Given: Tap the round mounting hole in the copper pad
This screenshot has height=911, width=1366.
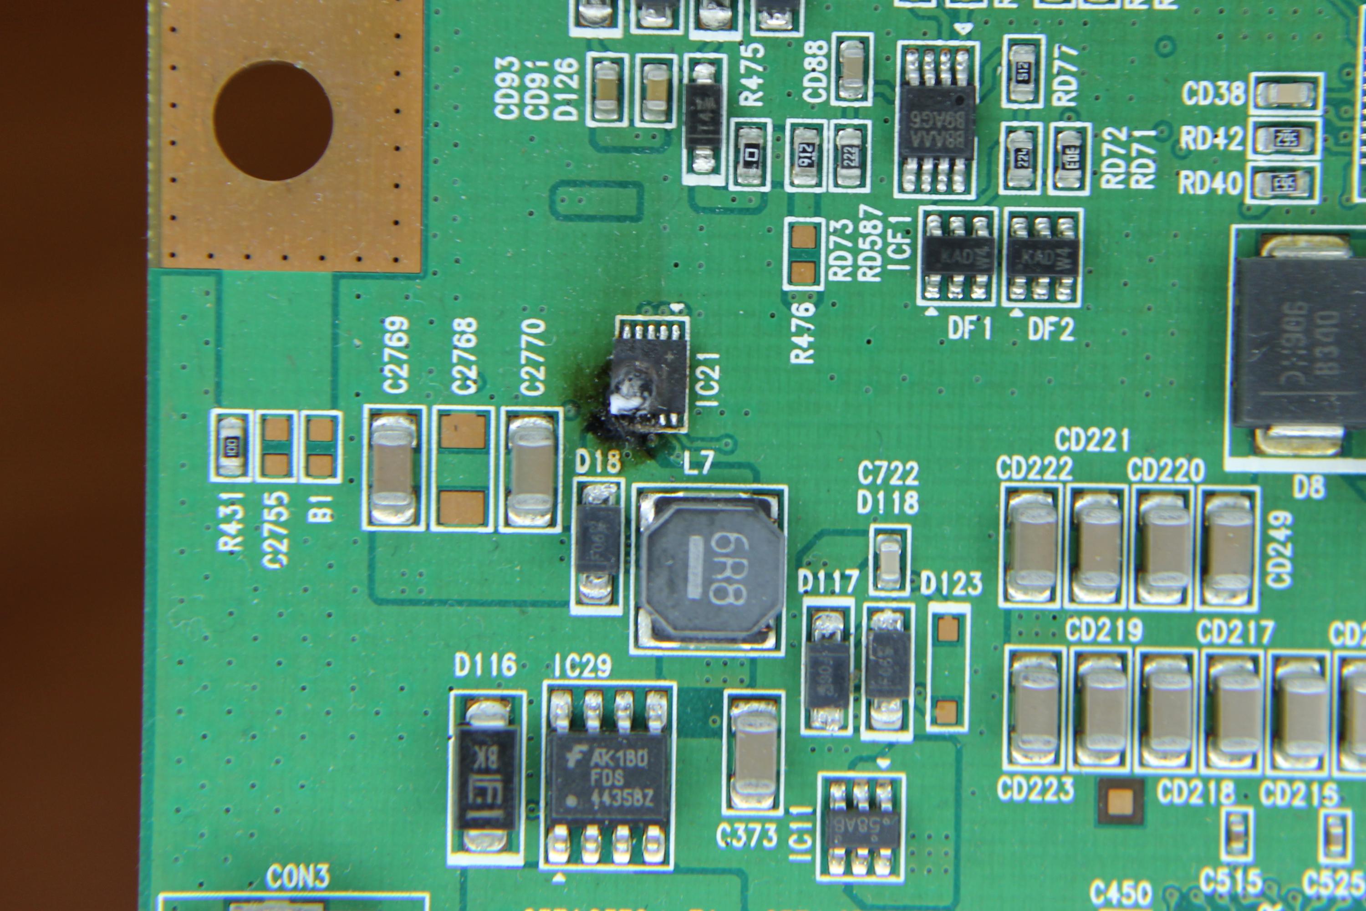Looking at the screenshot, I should [272, 120].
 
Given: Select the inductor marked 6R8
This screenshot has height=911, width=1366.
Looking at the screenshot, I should [710, 569].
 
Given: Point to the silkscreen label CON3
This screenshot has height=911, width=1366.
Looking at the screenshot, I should [297, 877].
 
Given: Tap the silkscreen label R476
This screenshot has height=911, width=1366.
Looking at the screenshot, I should [803, 333].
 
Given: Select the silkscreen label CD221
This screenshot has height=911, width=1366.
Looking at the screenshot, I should [1092, 440].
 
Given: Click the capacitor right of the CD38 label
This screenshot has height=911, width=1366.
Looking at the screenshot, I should [1286, 93].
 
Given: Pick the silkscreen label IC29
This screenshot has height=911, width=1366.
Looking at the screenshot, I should [582, 666].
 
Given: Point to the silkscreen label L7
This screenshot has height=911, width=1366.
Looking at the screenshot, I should [698, 463].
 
